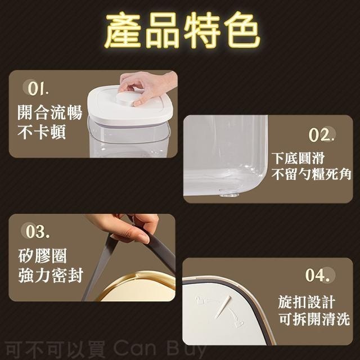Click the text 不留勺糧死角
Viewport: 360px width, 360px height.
312,175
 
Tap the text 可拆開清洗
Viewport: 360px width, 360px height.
314,320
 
